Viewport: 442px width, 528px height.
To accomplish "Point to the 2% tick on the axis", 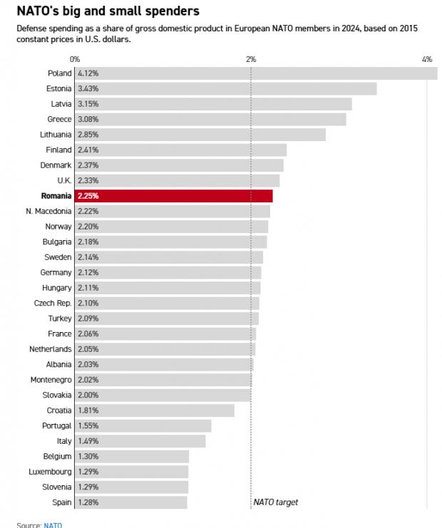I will point(251,59).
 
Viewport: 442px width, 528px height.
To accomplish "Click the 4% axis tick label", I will point(427,59).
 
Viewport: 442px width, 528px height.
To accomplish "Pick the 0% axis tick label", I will point(75,59).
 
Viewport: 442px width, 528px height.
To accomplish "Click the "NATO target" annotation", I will point(276,502).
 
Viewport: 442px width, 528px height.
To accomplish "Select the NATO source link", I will point(53,525).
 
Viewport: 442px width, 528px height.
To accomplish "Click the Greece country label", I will point(59,119).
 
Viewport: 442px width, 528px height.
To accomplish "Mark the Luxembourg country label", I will point(50,472).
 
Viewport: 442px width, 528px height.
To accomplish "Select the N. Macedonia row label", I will point(48,211).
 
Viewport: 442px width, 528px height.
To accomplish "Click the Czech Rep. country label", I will point(53,303).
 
